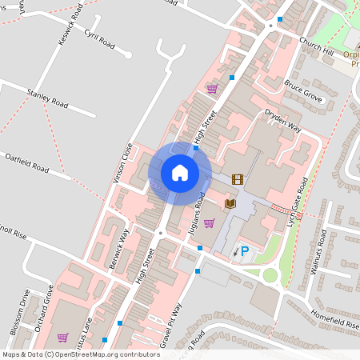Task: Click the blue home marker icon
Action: click(x=180, y=173)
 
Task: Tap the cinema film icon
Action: click(x=238, y=179)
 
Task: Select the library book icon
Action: click(x=231, y=204)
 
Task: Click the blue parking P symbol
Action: click(x=246, y=251)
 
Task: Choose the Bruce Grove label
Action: click(x=302, y=89)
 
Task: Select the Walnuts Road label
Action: click(x=322, y=250)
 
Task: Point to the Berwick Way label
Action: click(x=118, y=248)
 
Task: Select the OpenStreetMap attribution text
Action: click(x=80, y=354)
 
